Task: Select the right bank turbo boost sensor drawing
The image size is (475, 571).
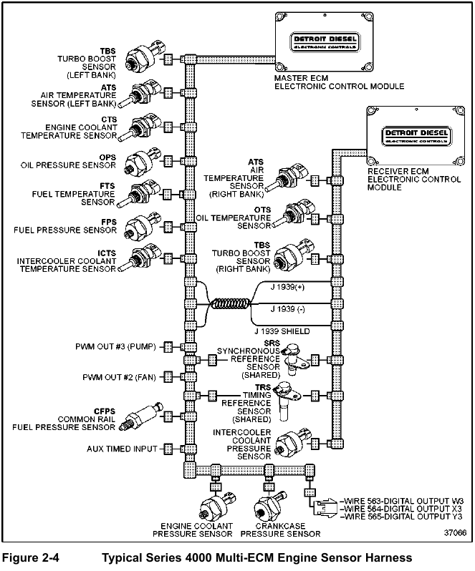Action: click(294, 254)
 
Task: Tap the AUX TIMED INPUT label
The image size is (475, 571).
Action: click(120, 449)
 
